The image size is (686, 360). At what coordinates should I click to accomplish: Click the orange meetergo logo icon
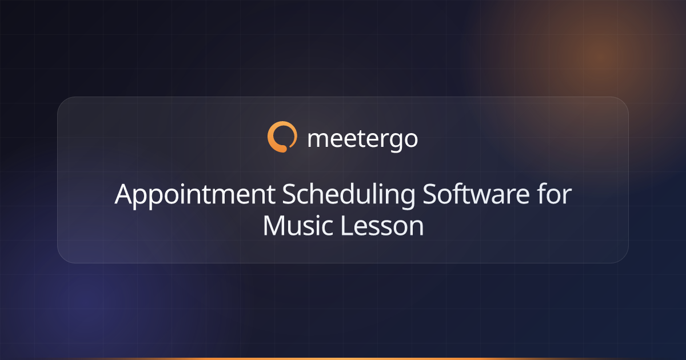point(282,138)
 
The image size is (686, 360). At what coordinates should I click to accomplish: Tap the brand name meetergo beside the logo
point(362,139)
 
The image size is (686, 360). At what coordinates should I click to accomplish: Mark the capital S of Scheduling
point(291,195)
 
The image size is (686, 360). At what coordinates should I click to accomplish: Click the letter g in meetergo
point(396,141)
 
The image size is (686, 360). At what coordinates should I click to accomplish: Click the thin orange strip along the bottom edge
point(343,358)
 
